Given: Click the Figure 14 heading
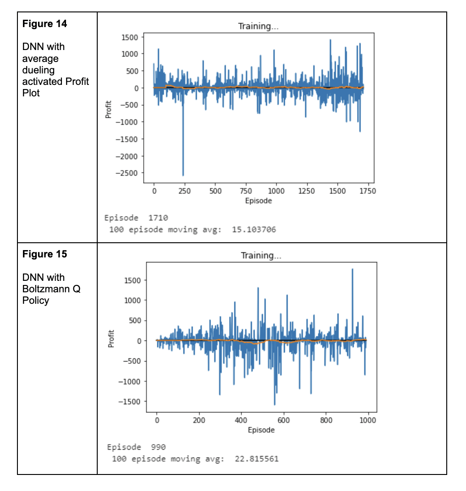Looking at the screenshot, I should (44, 24).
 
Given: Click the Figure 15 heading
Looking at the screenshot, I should (44, 254).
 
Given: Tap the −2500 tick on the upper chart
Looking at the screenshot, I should (129, 173).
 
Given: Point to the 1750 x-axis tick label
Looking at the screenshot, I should (368, 191).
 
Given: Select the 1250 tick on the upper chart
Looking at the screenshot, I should (307, 191).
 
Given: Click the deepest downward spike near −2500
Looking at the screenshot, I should (183, 174).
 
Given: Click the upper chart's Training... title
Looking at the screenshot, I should (258, 26).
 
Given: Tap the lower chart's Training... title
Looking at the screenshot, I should (261, 256).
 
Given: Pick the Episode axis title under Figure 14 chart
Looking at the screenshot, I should (258, 201).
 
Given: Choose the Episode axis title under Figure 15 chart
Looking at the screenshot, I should (261, 430).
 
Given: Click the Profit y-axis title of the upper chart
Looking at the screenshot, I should (109, 109).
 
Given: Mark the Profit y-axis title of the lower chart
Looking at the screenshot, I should (111, 339).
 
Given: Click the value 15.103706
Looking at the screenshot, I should (254, 229).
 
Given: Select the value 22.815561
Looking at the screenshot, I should (256, 459).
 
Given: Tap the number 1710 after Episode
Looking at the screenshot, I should (158, 218).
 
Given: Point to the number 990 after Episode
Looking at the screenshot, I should (158, 447).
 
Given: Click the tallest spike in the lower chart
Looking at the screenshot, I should (352, 270).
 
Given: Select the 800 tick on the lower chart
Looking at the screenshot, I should (326, 420).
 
